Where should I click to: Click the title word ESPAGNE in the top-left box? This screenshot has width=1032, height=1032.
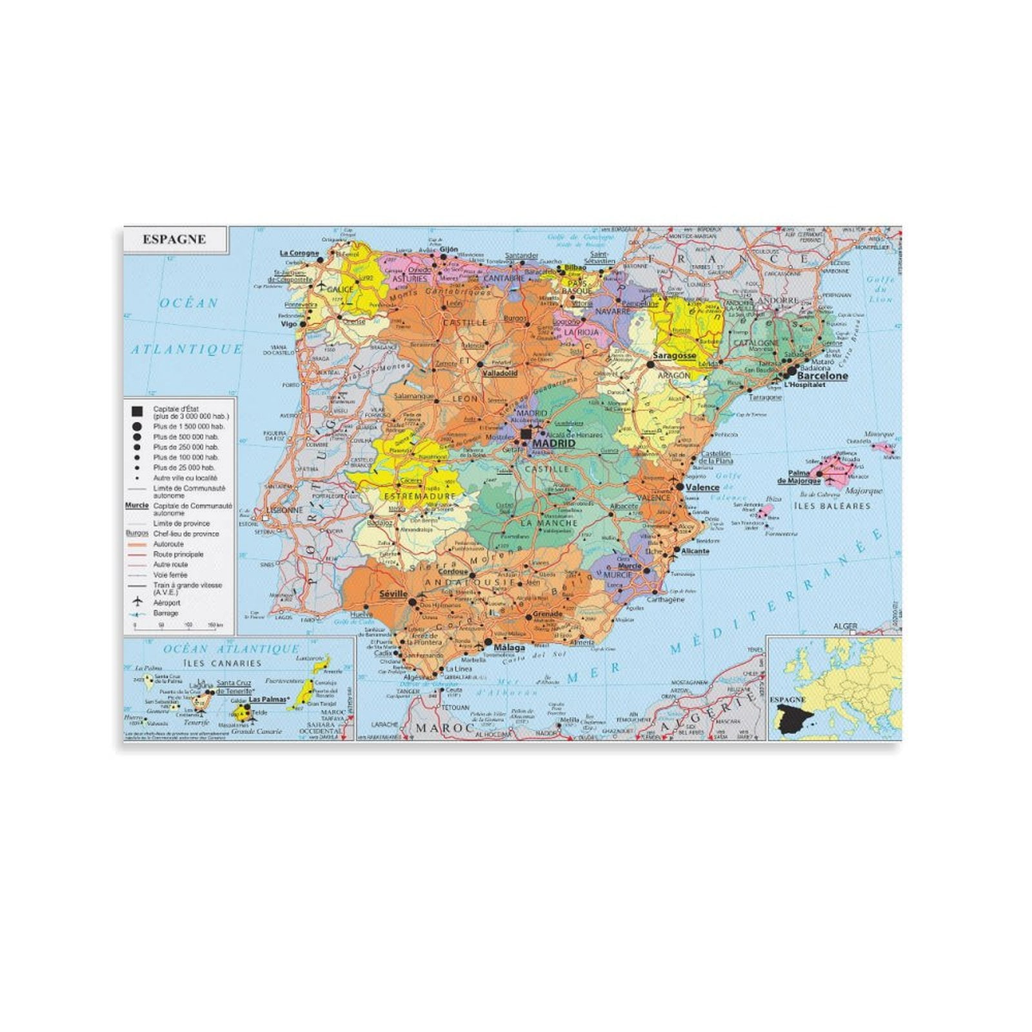174,239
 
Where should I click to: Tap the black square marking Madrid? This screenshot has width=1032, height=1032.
527,434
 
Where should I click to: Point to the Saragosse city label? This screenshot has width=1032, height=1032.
674,355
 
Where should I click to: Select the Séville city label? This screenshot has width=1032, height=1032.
393,593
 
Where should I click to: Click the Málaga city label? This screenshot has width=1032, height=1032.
509,648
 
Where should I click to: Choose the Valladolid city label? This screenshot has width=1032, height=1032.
500,373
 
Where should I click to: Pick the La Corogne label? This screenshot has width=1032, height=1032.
299,253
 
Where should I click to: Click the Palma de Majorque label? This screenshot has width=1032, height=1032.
799,477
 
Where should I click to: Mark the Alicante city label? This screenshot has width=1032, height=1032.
695,551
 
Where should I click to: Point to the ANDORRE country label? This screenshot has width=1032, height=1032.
778,301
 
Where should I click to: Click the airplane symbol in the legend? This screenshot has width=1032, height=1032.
137,602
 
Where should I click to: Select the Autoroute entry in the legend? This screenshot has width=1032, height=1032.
168,544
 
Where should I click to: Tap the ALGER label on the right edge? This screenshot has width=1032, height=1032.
845,626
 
